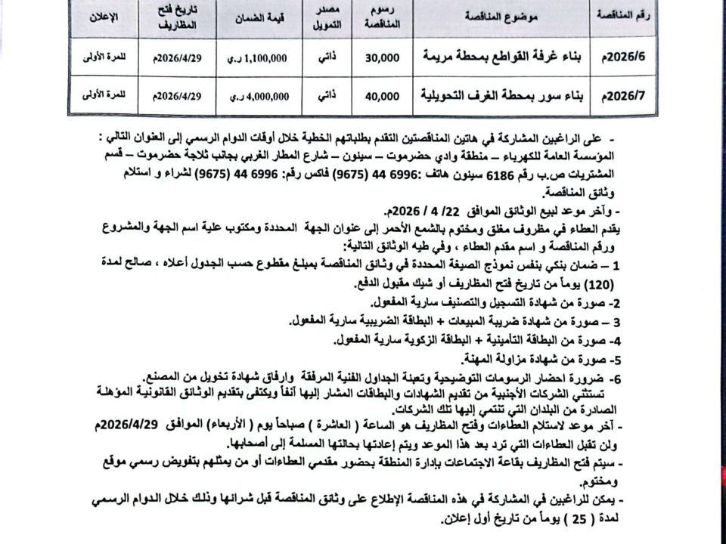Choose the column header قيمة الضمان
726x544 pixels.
point(258,17)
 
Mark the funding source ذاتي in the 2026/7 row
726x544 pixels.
point(324,96)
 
